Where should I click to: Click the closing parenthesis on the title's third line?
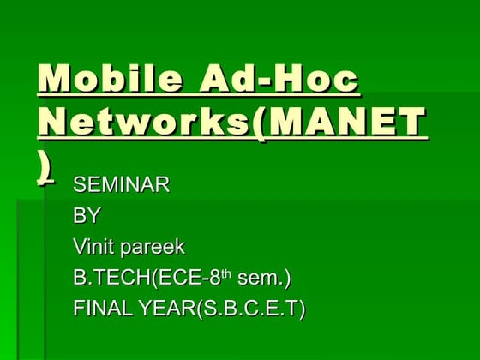(x=45, y=168)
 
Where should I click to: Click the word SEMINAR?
(x=121, y=185)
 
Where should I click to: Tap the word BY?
(x=87, y=216)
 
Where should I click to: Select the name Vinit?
(x=95, y=248)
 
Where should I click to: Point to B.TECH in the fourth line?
(x=107, y=279)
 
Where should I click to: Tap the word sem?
(x=260, y=279)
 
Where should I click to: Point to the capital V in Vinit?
(x=80, y=248)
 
